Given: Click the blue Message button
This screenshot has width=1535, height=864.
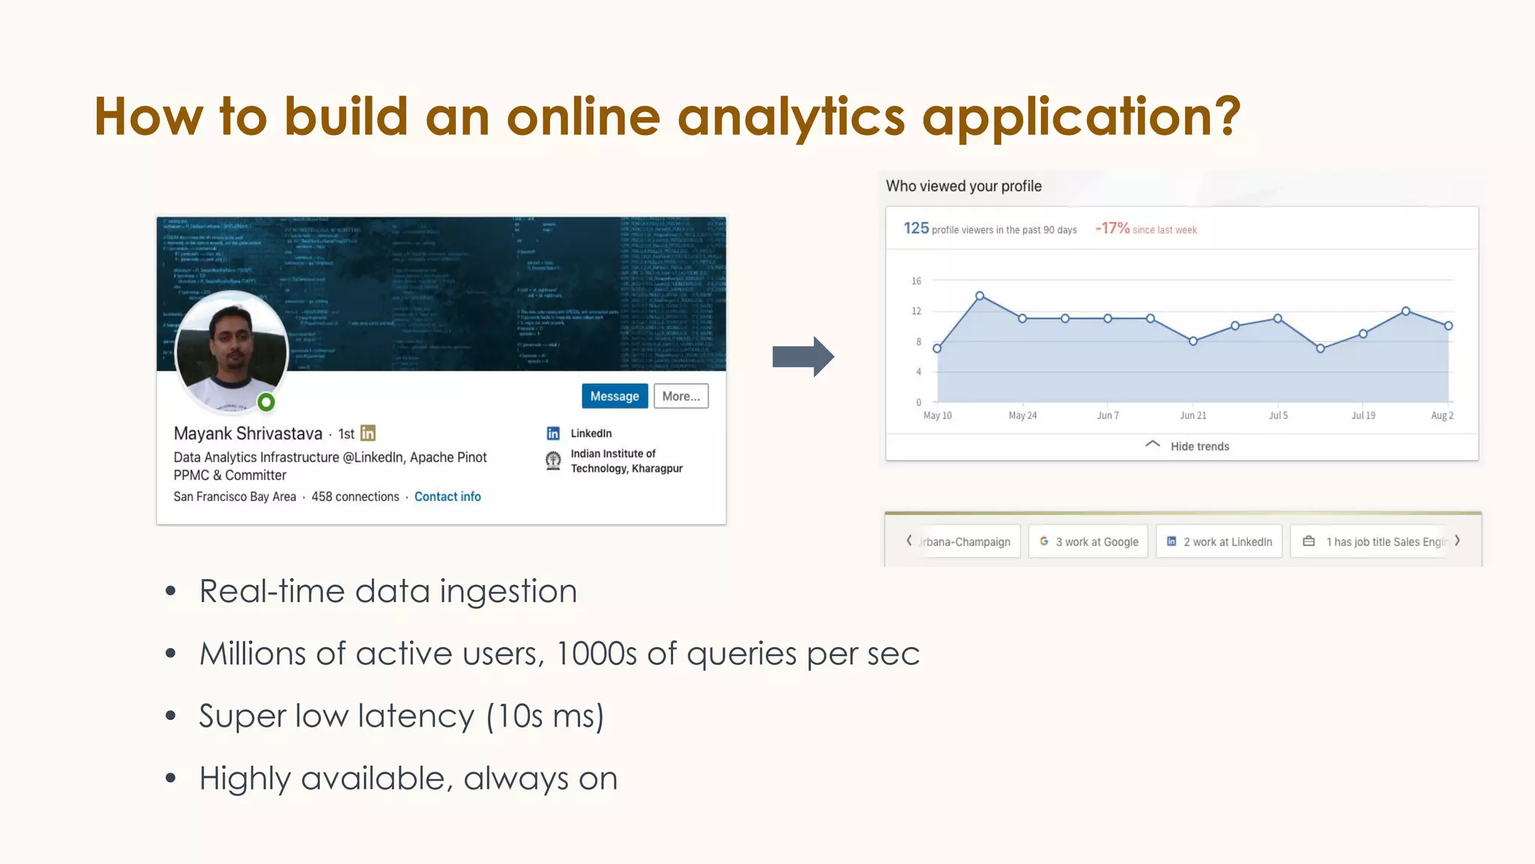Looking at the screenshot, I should coord(615,396).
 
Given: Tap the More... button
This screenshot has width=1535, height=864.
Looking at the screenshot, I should coord(681,396).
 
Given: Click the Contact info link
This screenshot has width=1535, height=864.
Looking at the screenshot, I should coord(447,496).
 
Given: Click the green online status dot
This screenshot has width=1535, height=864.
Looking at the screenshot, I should coord(266,403).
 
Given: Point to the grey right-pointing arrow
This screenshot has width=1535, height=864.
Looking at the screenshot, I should coord(803,356).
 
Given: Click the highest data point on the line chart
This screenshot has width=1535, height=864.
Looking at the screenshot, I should coord(980,296).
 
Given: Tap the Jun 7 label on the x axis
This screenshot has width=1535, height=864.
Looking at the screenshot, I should coord(1108,415).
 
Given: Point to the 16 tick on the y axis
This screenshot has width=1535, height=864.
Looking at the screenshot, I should coord(916,281).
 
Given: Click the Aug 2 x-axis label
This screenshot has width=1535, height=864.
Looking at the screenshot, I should coord(1442,415).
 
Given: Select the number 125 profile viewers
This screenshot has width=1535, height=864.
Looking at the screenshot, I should coord(916,228).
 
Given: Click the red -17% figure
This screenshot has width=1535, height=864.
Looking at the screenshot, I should coord(1112,228).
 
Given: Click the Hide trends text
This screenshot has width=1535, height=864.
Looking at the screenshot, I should coord(1199,446).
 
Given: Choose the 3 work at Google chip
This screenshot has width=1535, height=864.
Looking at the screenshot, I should coord(1088,541).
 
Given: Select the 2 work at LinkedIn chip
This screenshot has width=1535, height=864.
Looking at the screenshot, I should coord(1219,541).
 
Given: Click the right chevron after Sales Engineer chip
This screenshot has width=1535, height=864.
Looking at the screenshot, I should coord(1457,541).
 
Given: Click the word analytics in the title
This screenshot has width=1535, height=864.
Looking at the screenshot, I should coord(791,118).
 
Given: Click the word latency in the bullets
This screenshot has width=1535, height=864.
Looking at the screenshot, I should coord(416,716).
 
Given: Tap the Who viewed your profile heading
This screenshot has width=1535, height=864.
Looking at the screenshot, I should coord(963,186).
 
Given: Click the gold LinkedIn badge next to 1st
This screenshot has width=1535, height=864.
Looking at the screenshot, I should coord(368,433).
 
